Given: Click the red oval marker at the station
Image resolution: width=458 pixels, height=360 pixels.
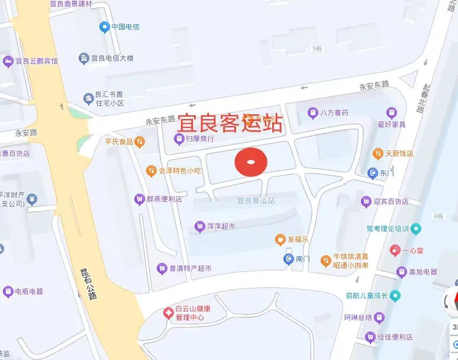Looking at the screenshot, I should coord(251,162).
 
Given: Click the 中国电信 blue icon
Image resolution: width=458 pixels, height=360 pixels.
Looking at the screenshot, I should coord(104,27).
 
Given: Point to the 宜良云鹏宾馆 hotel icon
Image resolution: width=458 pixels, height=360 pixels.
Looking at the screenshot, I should coord(8,60).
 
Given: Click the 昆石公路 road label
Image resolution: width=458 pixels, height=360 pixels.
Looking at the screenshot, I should coord(88,284).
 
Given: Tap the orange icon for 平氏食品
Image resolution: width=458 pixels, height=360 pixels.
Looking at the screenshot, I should coord(138,142).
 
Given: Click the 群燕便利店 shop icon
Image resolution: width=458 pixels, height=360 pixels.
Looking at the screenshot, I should coord(139,198).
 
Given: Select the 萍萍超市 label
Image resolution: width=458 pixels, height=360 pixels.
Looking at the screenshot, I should coord(221,226).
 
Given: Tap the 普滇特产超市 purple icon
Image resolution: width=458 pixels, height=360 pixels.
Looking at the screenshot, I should coord(160,268).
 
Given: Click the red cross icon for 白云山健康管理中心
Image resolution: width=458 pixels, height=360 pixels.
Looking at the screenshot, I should coord(168,312).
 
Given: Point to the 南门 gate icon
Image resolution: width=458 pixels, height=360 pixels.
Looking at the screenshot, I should coord(288,258).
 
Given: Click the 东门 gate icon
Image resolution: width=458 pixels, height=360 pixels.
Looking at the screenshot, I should coord(372,173).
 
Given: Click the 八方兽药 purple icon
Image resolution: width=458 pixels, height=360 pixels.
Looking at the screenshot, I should coord(312,112).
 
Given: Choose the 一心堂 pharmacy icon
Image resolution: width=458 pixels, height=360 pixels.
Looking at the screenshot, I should coord(395,250).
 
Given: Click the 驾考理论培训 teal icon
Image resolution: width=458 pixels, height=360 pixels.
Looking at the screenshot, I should coord(416,228).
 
